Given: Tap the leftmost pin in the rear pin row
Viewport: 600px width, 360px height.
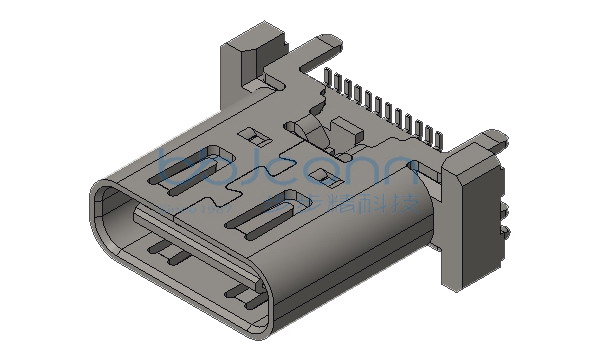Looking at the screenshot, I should pyautogui.click(x=327, y=79).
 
